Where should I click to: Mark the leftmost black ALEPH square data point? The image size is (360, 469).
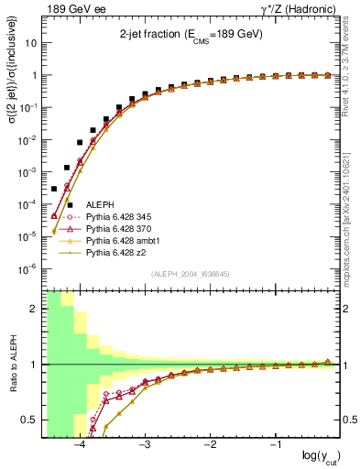pos(54,189)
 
